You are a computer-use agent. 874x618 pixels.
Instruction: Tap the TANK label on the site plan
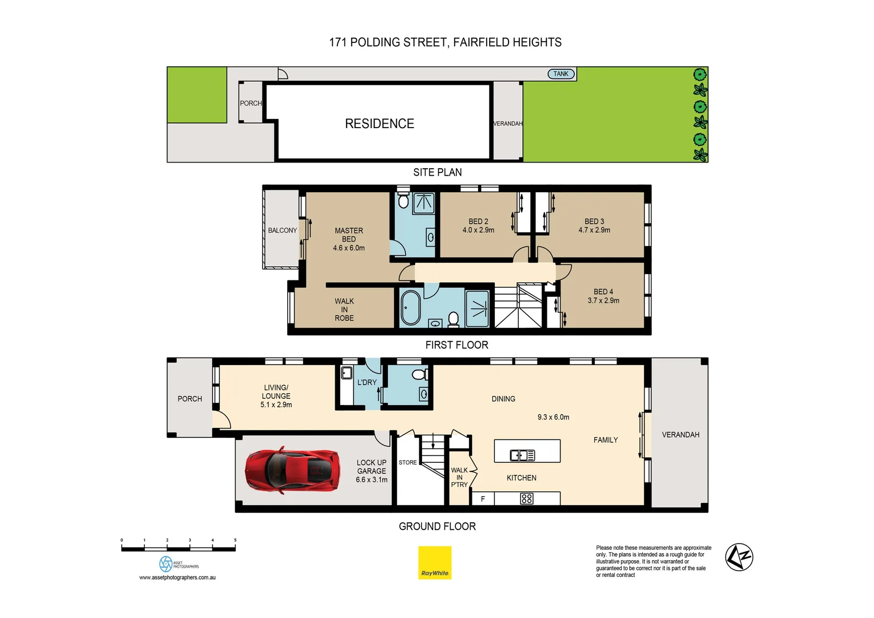[561, 74]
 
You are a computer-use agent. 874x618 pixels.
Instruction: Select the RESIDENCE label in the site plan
[379, 124]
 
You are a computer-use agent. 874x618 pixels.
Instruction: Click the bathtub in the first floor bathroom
[410, 308]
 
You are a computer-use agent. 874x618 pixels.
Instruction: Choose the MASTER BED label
[348, 235]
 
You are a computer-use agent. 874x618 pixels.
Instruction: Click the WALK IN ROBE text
[344, 310]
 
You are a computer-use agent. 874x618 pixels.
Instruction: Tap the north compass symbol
[739, 557]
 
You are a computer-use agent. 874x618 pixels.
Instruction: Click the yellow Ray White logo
[435, 562]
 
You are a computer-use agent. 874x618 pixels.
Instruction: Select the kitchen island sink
[522, 455]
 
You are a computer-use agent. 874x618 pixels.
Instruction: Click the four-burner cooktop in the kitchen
[526, 499]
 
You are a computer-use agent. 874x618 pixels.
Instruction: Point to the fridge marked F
[483, 499]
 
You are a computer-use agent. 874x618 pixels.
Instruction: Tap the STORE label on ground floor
[408, 462]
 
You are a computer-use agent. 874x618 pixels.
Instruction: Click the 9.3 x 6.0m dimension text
[553, 417]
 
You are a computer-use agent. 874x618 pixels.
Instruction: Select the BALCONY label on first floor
[282, 231]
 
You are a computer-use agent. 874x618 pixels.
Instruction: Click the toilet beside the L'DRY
[419, 374]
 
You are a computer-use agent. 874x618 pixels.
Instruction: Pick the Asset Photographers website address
[177, 578]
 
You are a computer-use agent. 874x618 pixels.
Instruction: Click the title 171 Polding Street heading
[445, 42]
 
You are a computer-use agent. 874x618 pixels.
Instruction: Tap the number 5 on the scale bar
[235, 540]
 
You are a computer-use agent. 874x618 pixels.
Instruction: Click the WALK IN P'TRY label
[459, 477]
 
